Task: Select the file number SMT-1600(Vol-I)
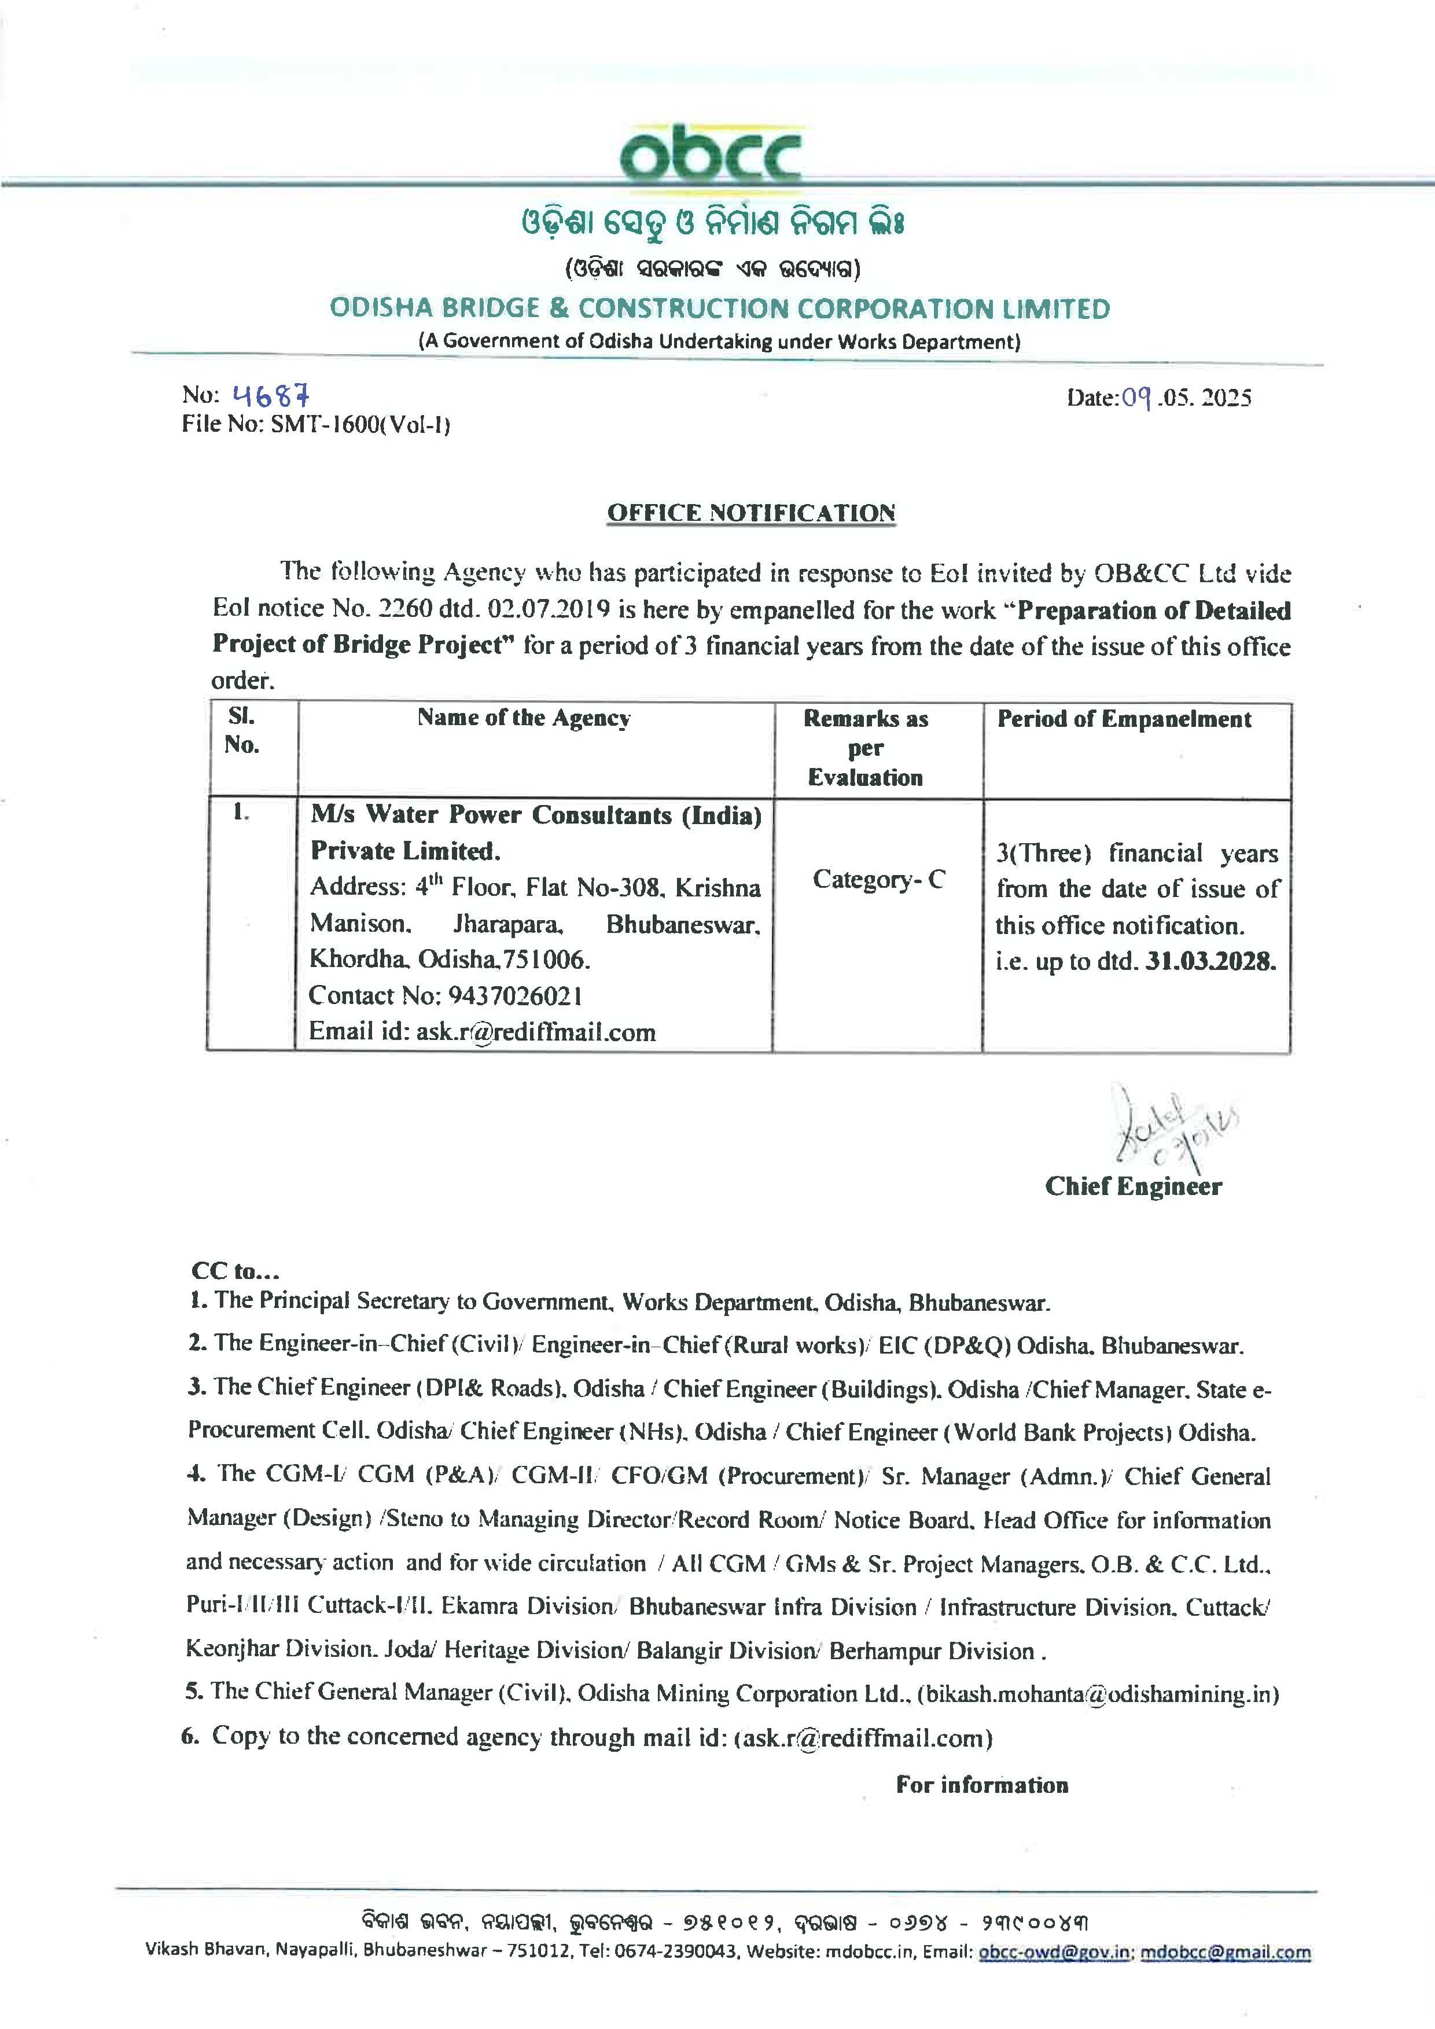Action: point(360,425)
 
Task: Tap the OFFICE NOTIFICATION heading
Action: point(751,513)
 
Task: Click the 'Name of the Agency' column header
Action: point(524,718)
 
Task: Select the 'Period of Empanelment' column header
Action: point(1124,719)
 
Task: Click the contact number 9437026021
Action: point(515,996)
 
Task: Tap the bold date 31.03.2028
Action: point(1210,961)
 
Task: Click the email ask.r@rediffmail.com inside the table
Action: point(535,1032)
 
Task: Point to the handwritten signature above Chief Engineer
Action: point(1167,1127)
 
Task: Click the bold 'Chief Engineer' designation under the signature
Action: point(1133,1186)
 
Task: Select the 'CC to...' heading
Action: point(235,1271)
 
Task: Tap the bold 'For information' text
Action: point(982,1785)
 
